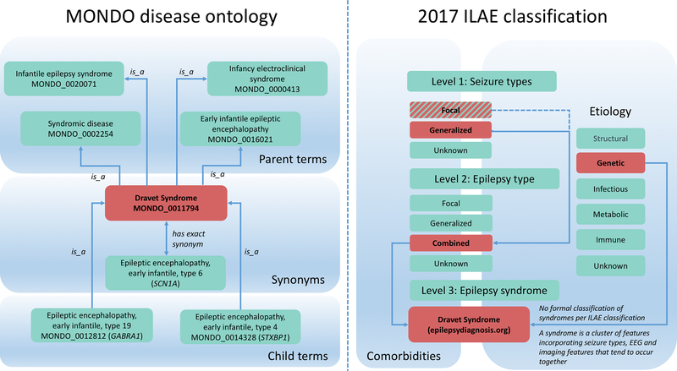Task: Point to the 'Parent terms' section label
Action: [295, 160]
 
